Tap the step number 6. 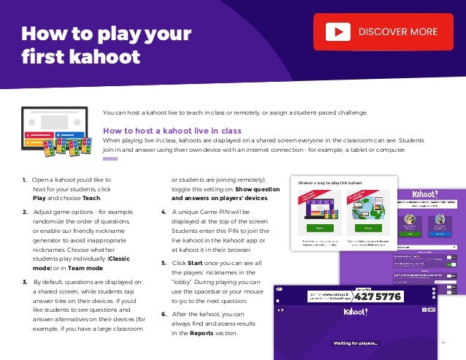click(163, 314)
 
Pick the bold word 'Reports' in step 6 click(202, 333)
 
